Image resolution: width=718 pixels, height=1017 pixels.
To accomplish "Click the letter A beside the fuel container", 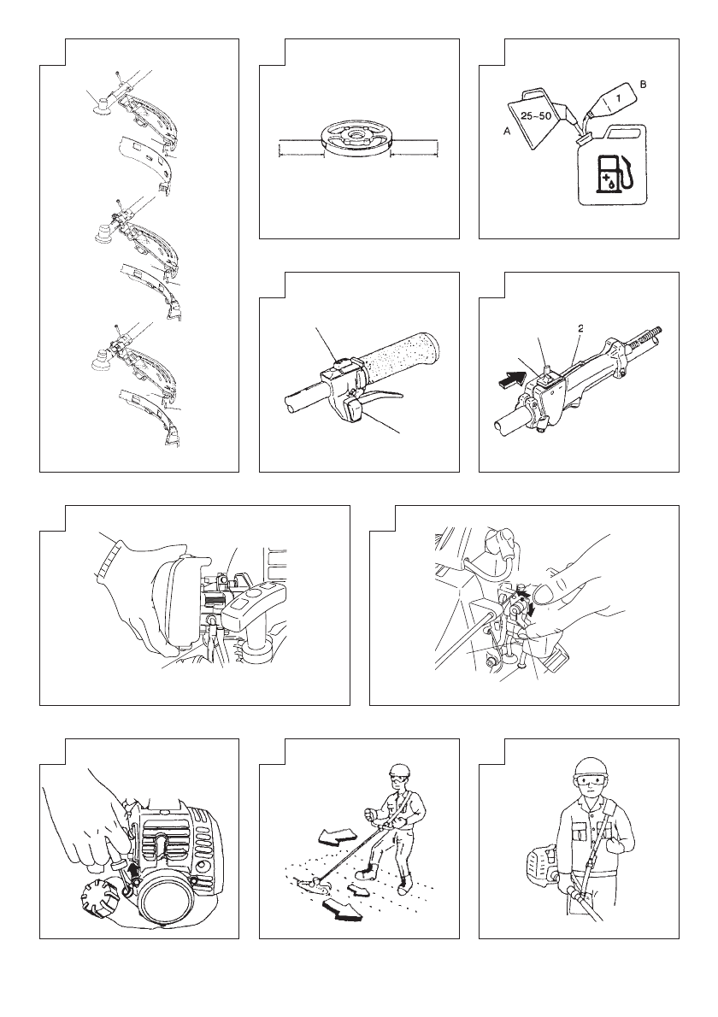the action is point(507,131).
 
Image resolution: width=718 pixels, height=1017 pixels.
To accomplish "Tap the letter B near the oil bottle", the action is point(643,85).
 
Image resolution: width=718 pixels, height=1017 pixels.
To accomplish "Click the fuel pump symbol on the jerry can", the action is point(614,173).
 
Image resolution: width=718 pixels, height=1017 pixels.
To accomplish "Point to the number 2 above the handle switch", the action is point(580,329).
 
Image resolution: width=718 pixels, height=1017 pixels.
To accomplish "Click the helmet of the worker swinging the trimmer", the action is point(400,771).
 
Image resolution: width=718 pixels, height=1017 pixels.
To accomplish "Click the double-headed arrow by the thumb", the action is point(527,597).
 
